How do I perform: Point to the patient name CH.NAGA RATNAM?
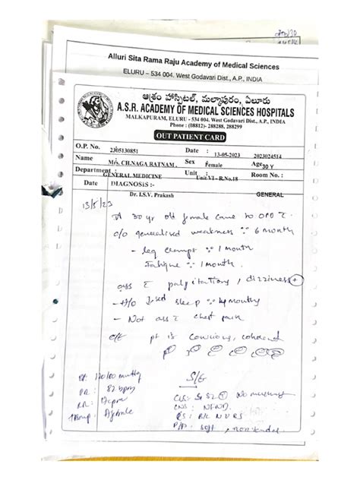point(141,162)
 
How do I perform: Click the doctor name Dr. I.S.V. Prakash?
point(149,194)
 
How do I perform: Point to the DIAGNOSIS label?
point(131,183)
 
